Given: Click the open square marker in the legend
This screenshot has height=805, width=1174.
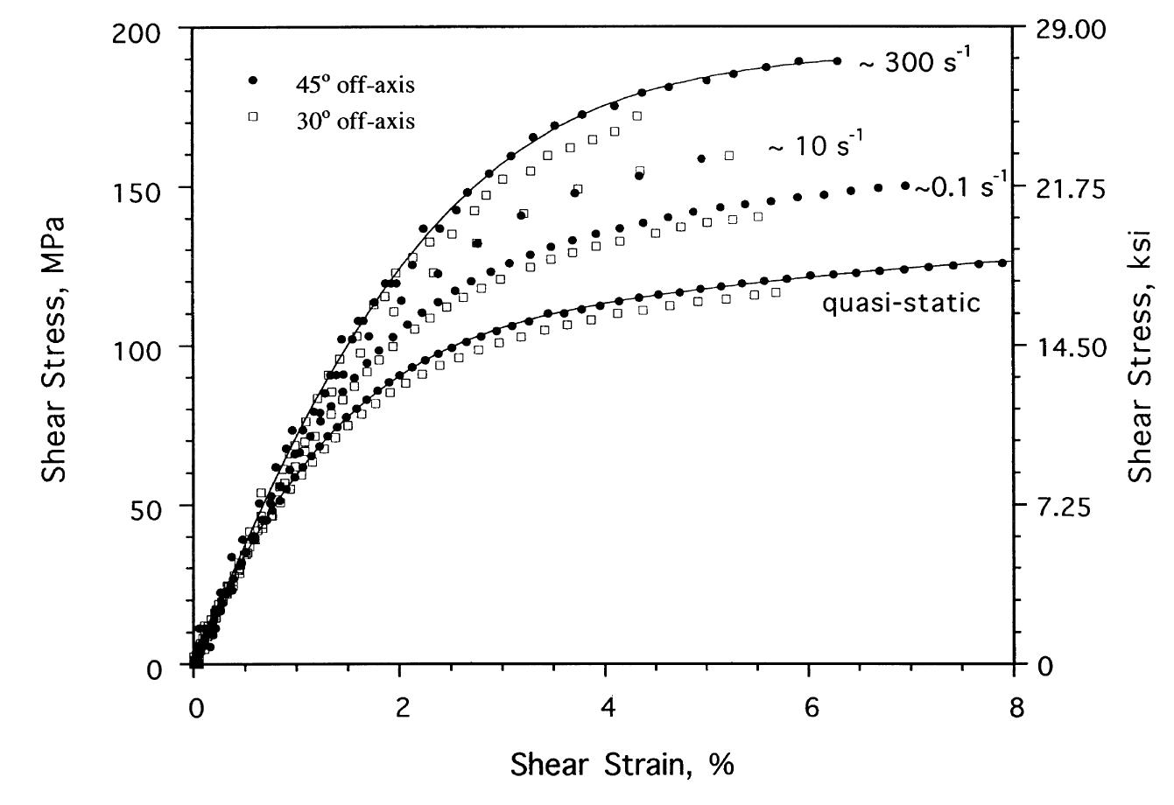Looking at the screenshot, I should point(254,116).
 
